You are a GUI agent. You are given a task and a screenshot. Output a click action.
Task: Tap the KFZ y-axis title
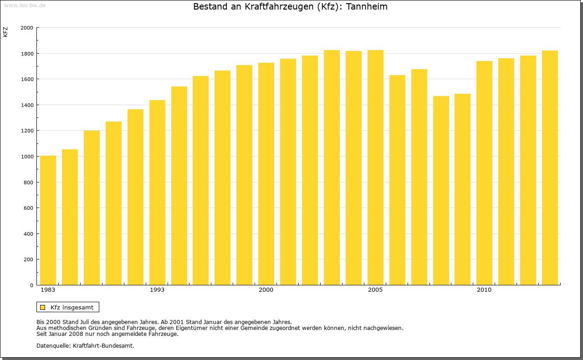point(5,32)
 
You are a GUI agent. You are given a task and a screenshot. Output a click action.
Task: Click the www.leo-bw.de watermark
point(24,5)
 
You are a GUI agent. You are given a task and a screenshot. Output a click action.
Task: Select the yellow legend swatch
point(43,307)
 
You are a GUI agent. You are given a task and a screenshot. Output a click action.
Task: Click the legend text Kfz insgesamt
point(72,307)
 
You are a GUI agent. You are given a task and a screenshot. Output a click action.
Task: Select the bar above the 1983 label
point(48,220)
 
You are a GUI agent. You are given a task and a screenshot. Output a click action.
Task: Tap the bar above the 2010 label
point(484,173)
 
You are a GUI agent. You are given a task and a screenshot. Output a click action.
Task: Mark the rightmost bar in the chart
point(550,168)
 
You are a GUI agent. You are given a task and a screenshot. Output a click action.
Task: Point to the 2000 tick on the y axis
point(27,28)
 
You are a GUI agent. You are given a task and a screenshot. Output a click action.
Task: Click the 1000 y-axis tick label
point(27,157)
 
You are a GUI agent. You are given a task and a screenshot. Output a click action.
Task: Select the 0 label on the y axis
point(31,285)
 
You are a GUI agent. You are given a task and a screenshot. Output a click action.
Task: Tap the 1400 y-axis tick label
point(27,105)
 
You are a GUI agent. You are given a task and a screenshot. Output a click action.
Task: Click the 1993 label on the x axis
point(157,290)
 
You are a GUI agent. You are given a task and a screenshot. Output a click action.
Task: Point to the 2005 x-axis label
point(375,290)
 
